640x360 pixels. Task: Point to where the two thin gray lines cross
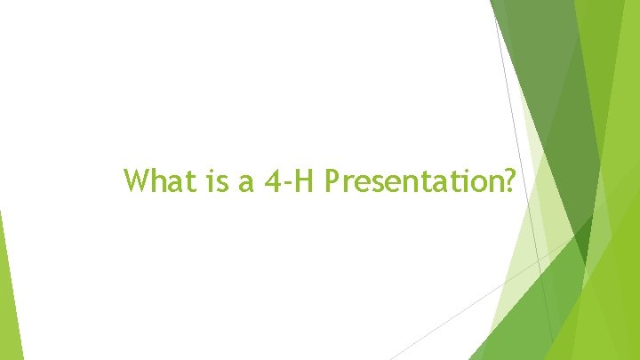pos(540,259)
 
